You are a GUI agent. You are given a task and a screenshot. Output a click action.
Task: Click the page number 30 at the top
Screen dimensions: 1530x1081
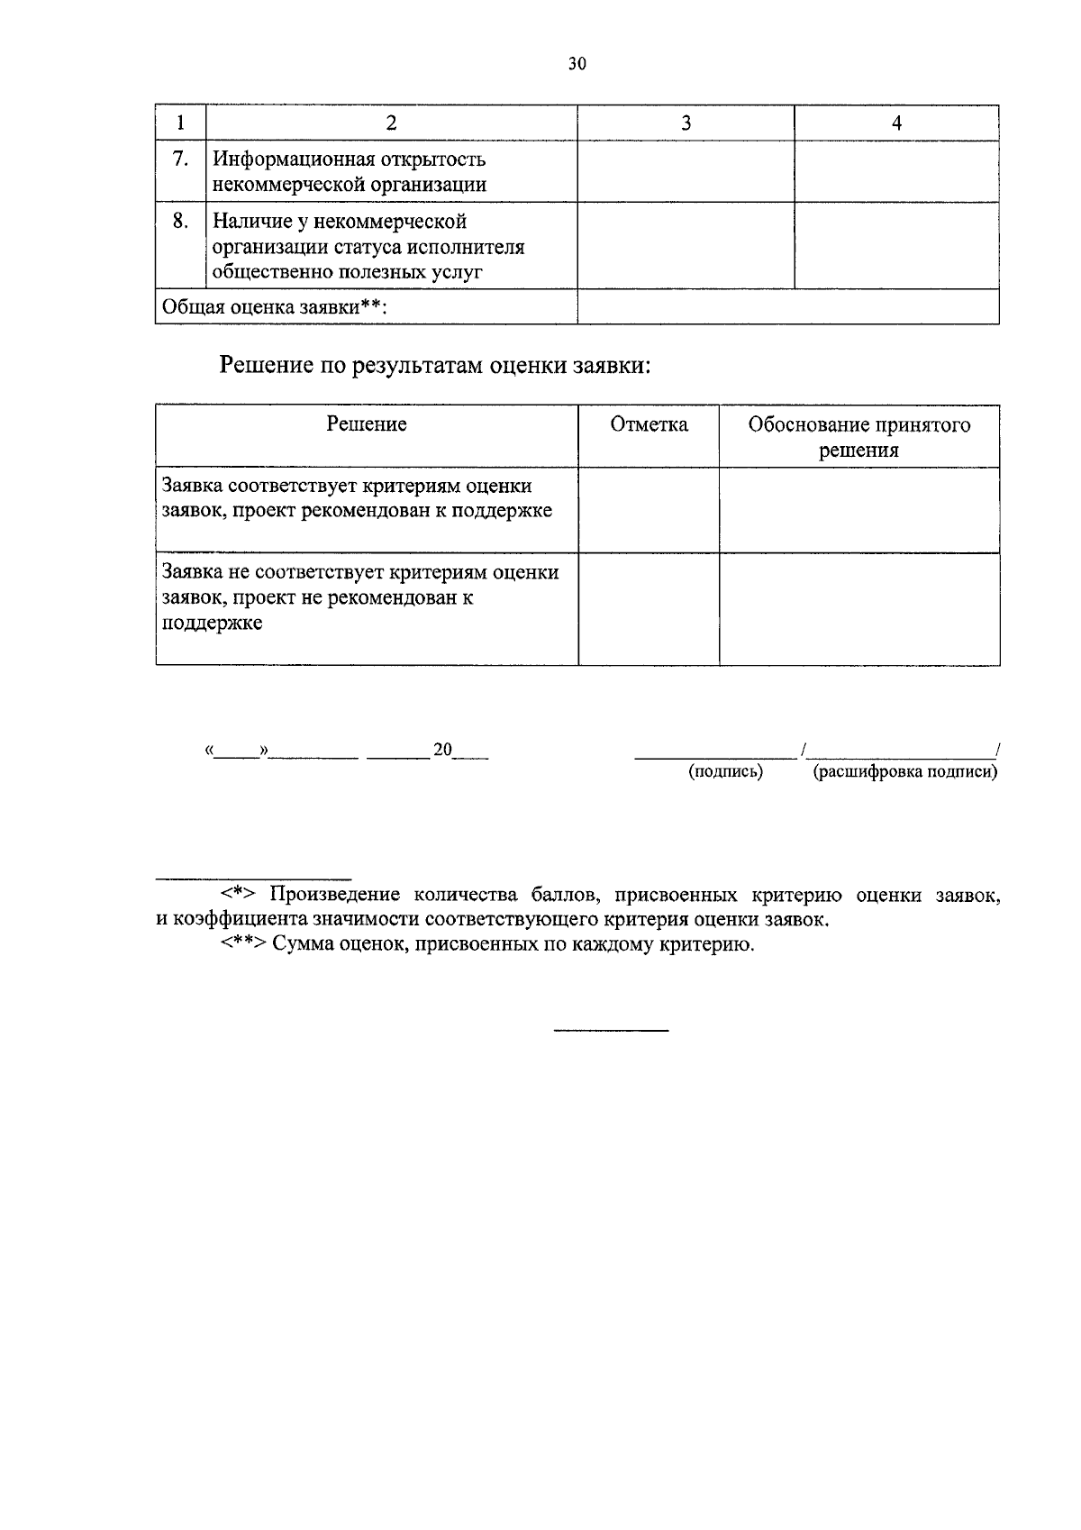tap(577, 64)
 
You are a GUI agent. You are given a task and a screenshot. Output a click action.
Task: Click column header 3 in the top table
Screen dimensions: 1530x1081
tap(686, 124)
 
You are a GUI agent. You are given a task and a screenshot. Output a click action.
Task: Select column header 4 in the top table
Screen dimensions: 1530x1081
tap(896, 124)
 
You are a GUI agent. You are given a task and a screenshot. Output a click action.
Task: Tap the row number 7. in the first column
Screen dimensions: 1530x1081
tap(180, 159)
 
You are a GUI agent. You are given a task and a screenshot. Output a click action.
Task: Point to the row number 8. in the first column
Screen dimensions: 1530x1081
tap(180, 221)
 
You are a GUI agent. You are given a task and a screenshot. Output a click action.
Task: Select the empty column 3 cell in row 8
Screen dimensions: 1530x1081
tap(686, 245)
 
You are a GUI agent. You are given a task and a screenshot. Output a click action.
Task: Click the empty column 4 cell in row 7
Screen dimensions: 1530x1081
tap(896, 171)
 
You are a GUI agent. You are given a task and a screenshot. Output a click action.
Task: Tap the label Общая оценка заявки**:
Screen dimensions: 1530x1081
tap(274, 307)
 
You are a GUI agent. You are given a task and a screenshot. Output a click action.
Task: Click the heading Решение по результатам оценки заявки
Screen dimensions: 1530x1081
tap(435, 366)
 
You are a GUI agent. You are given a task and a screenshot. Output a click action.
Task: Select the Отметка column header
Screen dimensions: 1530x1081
tap(649, 424)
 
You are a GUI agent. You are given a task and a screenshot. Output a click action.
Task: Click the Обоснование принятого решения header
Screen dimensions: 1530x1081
tap(859, 437)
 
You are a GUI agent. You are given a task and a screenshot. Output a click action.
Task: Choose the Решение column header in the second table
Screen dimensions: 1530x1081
tap(367, 424)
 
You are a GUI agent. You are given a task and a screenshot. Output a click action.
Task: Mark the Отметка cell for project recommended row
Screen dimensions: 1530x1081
tap(649, 509)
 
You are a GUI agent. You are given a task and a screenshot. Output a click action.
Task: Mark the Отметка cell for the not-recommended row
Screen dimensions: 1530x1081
tap(649, 609)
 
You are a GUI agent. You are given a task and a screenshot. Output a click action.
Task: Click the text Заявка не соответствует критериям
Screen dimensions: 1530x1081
tap(360, 572)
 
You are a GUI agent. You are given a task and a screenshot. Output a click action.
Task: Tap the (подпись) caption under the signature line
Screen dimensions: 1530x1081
tap(725, 772)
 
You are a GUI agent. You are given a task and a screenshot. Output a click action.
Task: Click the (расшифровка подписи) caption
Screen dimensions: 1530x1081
tap(905, 772)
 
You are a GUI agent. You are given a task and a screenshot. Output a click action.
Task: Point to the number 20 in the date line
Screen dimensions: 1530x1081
tap(442, 750)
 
